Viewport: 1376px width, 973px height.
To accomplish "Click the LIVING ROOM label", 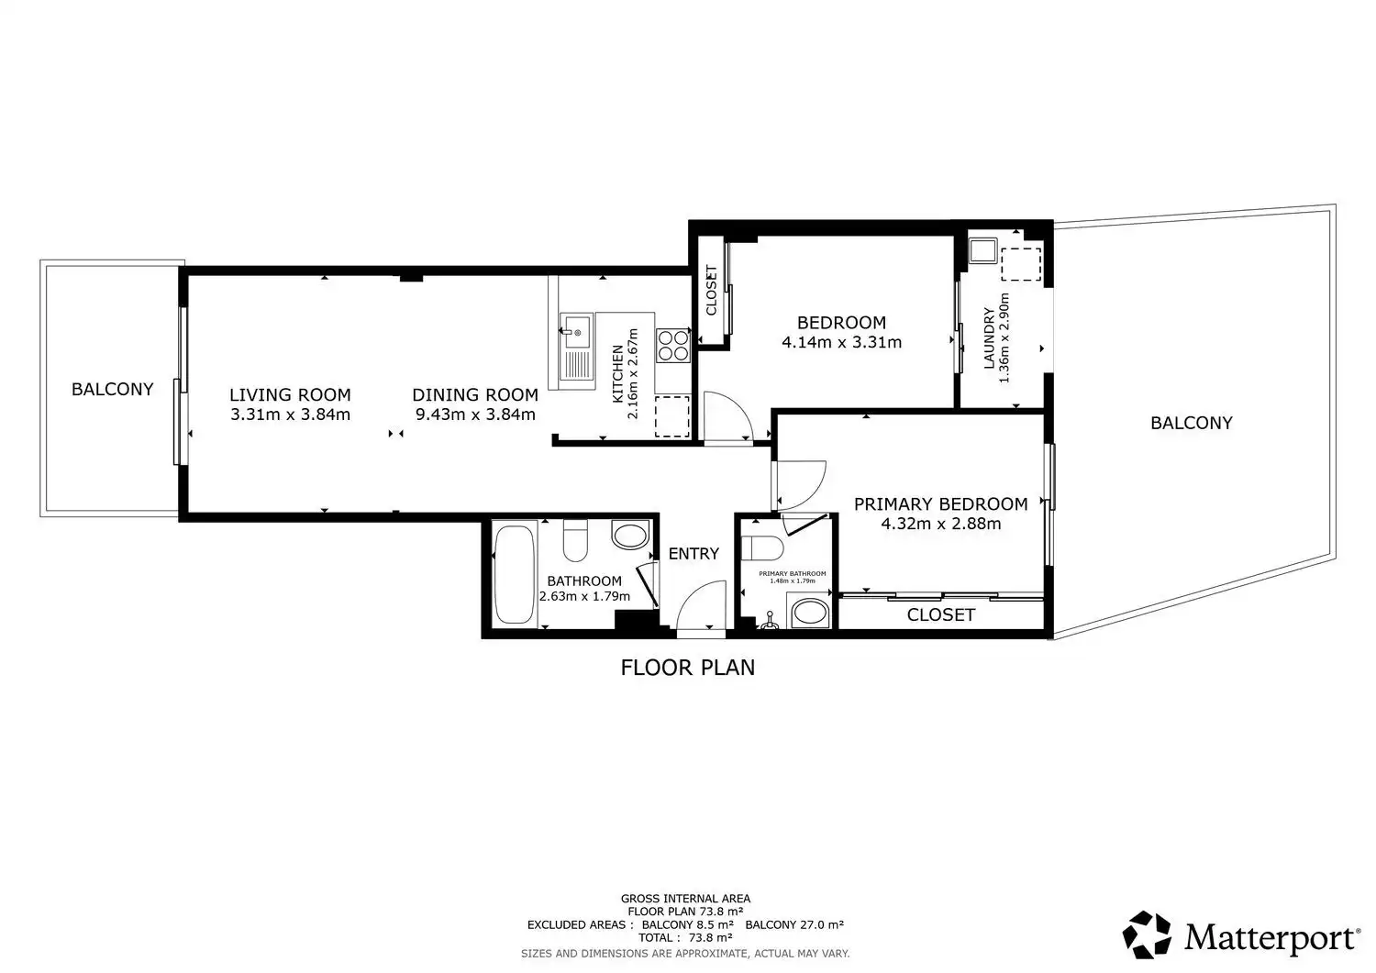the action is [x=290, y=394].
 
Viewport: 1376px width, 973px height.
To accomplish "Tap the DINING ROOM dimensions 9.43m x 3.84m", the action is [x=475, y=415].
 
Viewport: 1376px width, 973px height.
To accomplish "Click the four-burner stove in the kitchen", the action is [x=673, y=346].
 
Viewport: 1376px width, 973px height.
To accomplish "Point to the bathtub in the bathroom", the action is [x=514, y=574].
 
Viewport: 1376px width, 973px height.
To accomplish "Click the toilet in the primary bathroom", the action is [x=761, y=547].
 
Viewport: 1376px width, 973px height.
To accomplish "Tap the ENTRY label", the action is [x=694, y=554].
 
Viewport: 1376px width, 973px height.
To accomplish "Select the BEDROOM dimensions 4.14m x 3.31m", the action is [x=841, y=342].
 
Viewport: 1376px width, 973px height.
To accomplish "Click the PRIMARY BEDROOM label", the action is [x=940, y=504].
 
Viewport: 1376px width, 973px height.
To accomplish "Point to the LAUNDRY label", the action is [x=988, y=338].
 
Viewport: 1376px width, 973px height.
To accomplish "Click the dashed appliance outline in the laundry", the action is [x=1021, y=264].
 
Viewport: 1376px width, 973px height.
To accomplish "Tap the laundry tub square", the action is [x=982, y=250].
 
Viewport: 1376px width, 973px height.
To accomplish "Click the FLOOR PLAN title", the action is [x=687, y=667].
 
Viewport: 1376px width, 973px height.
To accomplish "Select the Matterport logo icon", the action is [x=1147, y=934].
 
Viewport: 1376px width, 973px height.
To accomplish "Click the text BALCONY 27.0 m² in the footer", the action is [x=794, y=924].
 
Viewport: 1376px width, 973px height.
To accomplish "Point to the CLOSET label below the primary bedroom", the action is [x=940, y=614].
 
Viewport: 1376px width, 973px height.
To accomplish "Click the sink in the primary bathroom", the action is [x=810, y=612].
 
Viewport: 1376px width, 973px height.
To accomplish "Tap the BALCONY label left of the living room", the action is [x=113, y=389].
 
